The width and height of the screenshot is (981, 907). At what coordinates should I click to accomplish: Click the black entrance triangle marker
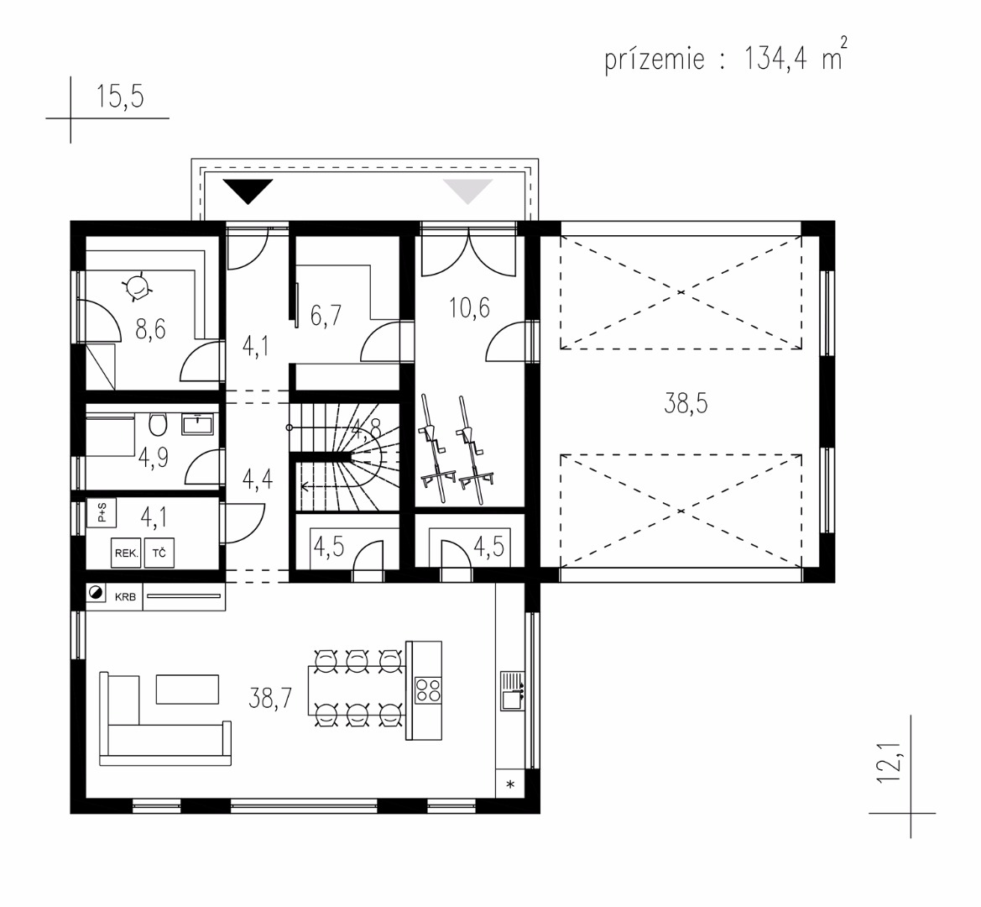pos(248,191)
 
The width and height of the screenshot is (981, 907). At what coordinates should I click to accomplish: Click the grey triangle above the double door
pos(467,191)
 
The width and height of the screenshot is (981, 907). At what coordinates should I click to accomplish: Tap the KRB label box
pos(125,596)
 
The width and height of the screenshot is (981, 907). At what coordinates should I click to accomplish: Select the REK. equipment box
pos(126,553)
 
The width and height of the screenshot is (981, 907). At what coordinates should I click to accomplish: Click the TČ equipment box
pos(159,553)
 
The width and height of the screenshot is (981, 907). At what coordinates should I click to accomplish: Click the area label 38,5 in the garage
pos(686,404)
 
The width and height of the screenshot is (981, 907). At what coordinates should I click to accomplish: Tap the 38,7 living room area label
pos(270,697)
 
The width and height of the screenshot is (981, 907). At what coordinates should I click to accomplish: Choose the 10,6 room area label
pos(469,307)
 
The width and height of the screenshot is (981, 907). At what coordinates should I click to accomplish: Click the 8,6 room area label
pos(151,328)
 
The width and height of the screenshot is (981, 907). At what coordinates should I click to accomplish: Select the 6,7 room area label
pos(326,315)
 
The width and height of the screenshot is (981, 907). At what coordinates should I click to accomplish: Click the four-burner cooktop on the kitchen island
pos(429,689)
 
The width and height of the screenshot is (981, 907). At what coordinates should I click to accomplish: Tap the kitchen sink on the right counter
pos(512,691)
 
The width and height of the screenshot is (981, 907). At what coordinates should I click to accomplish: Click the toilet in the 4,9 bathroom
pos(159,424)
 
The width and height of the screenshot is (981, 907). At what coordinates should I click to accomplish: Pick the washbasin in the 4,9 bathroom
pos(197,424)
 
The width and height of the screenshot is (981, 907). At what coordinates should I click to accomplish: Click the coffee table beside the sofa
pos(187,689)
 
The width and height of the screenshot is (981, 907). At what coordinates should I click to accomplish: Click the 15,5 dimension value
pos(119,97)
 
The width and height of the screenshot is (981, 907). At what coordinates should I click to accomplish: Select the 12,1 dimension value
pos(888,761)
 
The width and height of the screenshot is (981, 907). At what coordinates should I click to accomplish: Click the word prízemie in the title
pos(655,60)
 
